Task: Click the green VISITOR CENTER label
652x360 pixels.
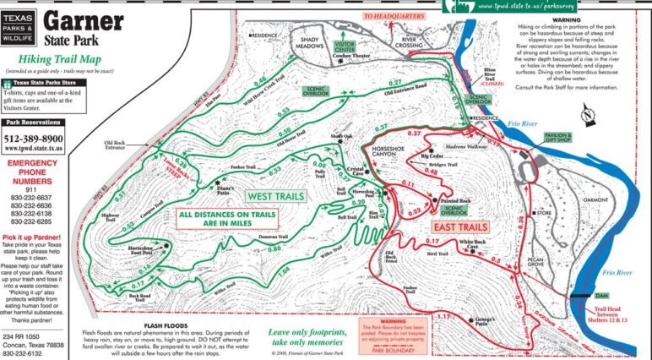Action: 345,46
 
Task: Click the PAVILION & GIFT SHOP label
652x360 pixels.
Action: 558,137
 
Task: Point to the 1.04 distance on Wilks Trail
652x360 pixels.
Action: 283,270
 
